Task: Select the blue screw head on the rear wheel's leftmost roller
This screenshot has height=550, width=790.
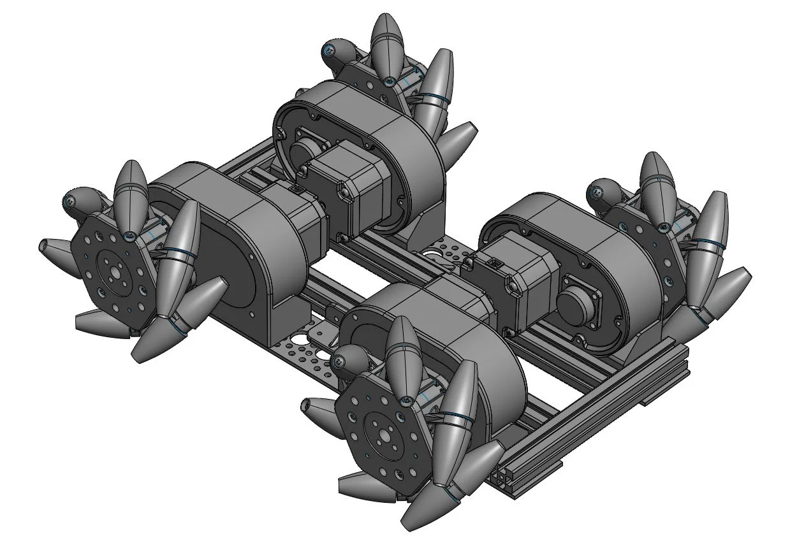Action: click(x=329, y=49)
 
